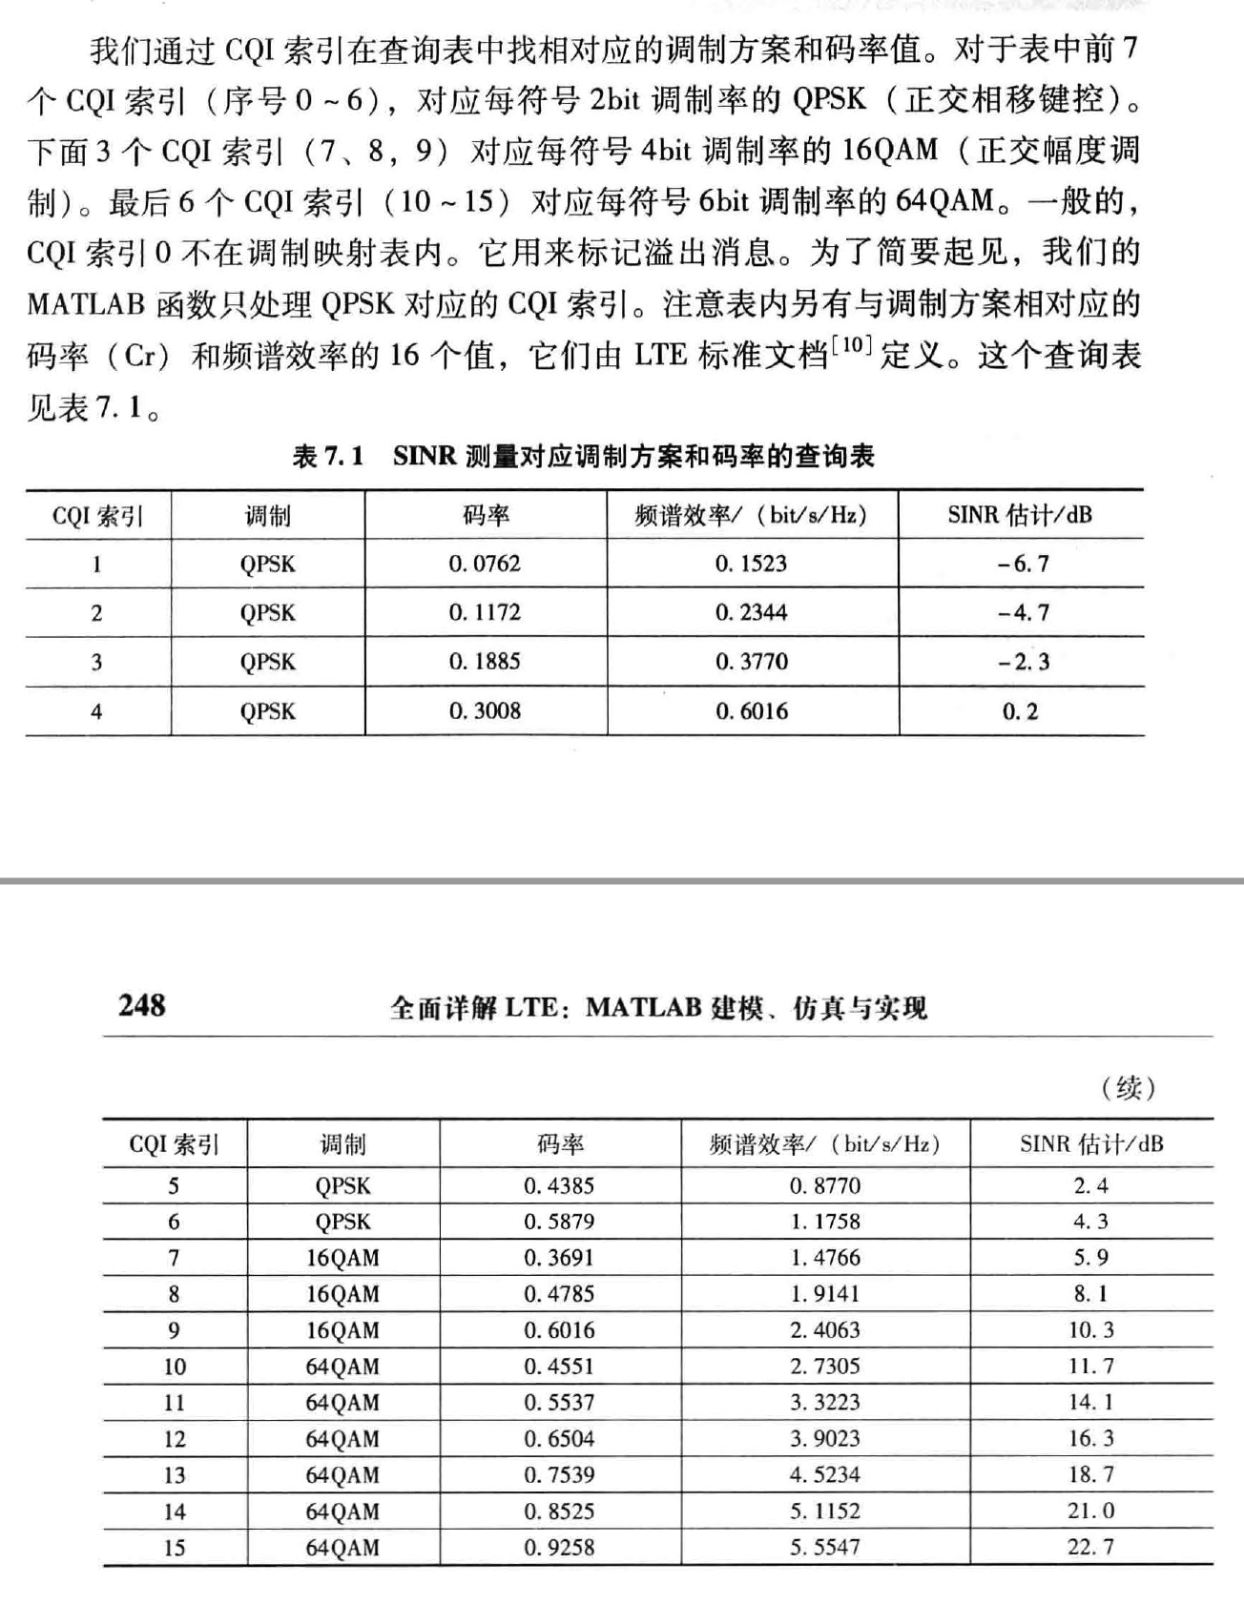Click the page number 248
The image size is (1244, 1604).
tap(142, 1004)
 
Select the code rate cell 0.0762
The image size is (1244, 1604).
tap(485, 564)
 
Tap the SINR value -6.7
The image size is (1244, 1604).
tap(1022, 564)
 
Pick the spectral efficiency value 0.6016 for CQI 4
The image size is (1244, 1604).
tap(752, 711)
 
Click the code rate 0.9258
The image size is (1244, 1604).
tap(559, 1547)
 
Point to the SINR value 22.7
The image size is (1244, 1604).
tap(1090, 1547)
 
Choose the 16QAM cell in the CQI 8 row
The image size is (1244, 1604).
tap(342, 1294)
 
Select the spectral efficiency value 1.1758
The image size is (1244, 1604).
tap(825, 1222)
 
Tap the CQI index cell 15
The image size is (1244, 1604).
tap(174, 1547)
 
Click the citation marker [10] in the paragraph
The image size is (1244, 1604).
tap(851, 346)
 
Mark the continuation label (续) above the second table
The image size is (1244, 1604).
tap(1129, 1087)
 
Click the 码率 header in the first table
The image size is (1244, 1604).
tap(486, 516)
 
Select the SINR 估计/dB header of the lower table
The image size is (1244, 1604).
tap(1091, 1143)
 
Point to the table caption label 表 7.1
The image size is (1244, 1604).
tap(328, 457)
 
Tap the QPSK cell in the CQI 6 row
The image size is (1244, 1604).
tap(342, 1222)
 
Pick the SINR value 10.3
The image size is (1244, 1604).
tap(1090, 1330)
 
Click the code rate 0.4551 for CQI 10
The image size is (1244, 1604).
tap(559, 1367)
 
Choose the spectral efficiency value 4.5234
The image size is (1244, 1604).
tap(825, 1475)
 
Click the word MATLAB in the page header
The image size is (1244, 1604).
tap(643, 1007)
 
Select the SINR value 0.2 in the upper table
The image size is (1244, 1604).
tap(1020, 711)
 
